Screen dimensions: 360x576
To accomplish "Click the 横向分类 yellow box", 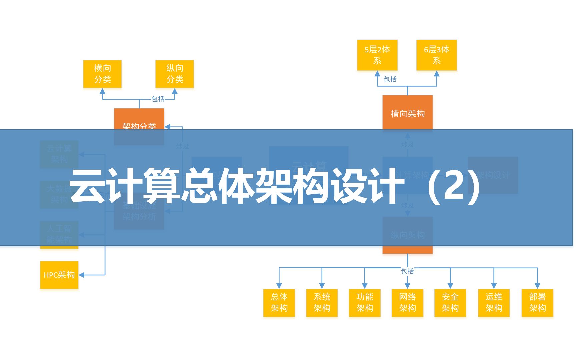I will (102, 74).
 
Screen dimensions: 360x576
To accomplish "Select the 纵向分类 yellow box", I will (175, 74).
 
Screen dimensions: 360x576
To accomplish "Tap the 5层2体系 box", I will (377, 55).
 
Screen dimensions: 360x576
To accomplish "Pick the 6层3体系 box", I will (436, 55).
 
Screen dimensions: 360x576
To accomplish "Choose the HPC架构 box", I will (59, 275).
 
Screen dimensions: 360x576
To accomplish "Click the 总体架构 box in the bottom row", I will (279, 303).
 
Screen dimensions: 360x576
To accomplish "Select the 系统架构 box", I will (322, 303).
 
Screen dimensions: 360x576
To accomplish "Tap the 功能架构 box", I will (365, 303).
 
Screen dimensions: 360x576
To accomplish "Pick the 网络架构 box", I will (407, 303).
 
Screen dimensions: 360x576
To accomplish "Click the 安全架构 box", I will (450, 303).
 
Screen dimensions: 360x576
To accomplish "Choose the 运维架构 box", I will (494, 303).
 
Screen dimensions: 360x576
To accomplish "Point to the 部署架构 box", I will (537, 303).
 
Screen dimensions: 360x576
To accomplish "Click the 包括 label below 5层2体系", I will (390, 79).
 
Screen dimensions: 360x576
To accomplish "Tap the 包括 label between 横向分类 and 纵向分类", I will (158, 99).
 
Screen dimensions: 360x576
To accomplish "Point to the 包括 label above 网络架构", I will (407, 271).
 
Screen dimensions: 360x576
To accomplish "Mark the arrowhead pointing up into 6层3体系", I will (437, 74).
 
